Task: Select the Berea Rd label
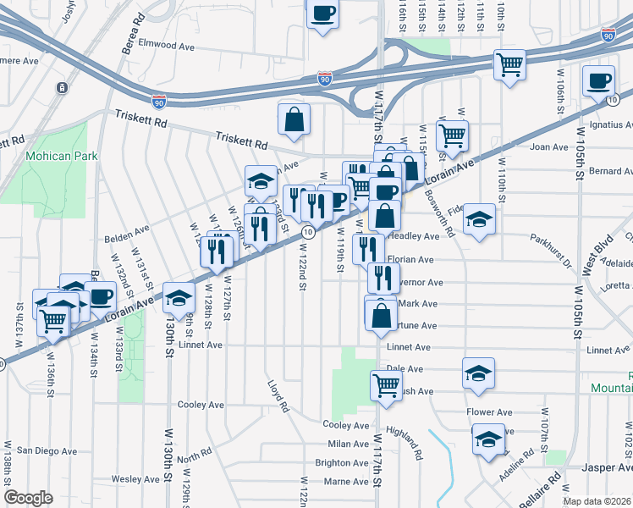pyautogui.click(x=130, y=35)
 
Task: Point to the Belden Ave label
pyautogui.click(x=128, y=229)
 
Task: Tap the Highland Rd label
pyautogui.click(x=405, y=442)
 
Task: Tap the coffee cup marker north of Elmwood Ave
pyautogui.click(x=322, y=14)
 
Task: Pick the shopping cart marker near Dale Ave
pyautogui.click(x=386, y=385)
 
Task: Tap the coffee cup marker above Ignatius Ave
pyautogui.click(x=599, y=80)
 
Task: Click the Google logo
pyautogui.click(x=28, y=498)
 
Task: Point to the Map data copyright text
pyautogui.click(x=596, y=500)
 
